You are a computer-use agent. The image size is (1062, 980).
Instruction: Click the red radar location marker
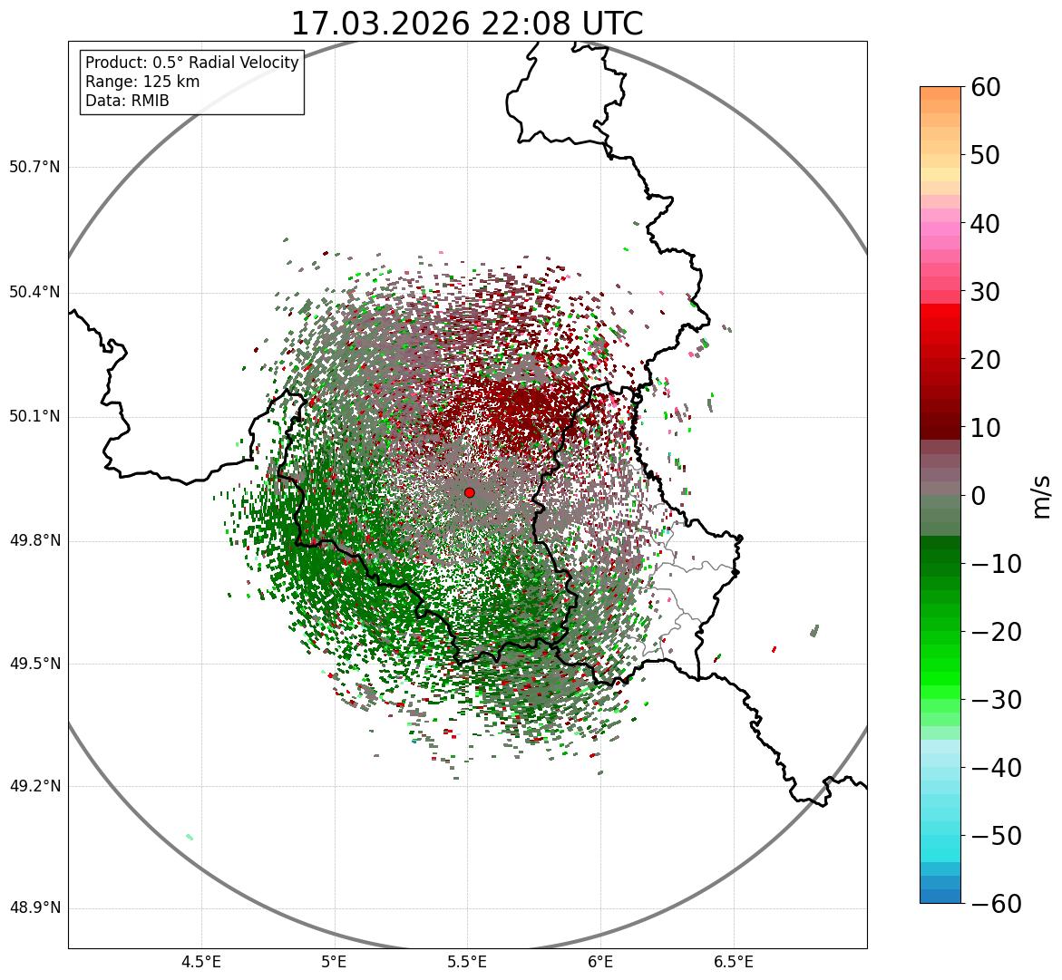click(x=469, y=492)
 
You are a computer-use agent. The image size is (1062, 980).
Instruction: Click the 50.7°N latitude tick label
click(x=34, y=167)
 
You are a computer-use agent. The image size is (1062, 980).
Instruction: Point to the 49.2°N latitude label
click(x=34, y=785)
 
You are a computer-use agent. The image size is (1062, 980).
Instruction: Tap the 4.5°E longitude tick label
click(x=201, y=962)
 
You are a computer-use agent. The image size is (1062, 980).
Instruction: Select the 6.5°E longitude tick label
click(x=733, y=962)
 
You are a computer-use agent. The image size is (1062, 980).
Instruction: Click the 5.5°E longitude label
click(x=467, y=962)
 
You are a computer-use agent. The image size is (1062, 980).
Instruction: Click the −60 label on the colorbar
click(x=996, y=904)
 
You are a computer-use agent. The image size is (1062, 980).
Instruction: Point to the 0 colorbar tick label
click(x=979, y=496)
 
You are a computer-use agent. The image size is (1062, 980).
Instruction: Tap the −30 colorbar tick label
click(x=996, y=700)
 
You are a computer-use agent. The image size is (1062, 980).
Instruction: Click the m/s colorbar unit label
click(x=1041, y=496)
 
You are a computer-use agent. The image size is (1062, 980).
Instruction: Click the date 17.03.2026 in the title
click(x=381, y=24)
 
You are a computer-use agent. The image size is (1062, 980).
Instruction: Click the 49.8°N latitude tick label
click(x=34, y=540)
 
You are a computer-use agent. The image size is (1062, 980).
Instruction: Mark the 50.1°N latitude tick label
click(x=34, y=416)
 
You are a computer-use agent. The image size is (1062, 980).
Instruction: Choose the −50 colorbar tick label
click(x=996, y=836)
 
